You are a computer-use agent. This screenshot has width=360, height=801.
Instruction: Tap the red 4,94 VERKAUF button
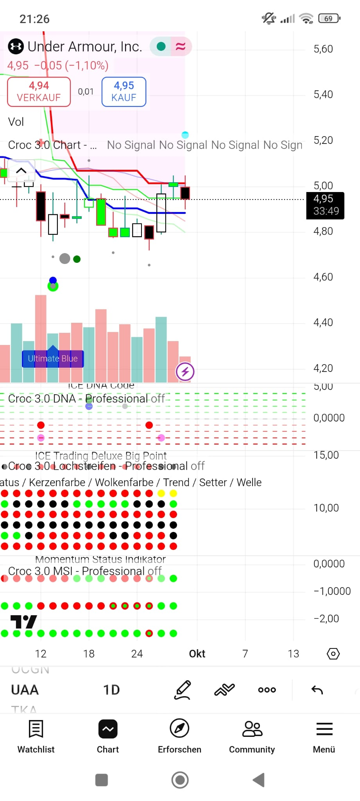pyautogui.click(x=39, y=92)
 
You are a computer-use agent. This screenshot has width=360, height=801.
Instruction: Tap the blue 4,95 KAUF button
pyautogui.click(x=124, y=92)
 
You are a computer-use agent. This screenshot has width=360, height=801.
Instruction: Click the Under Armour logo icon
pyautogui.click(x=16, y=47)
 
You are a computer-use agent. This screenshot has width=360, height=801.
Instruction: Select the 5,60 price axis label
pyautogui.click(x=323, y=49)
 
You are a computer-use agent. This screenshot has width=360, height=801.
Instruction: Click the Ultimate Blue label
pyautogui.click(x=53, y=359)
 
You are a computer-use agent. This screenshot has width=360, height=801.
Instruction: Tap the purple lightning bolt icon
pyautogui.click(x=185, y=372)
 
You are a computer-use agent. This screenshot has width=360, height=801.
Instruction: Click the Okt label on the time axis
pyautogui.click(x=197, y=654)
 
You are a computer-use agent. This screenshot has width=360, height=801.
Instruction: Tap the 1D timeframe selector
pyautogui.click(x=111, y=690)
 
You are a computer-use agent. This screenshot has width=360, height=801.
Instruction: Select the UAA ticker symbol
pyautogui.click(x=25, y=690)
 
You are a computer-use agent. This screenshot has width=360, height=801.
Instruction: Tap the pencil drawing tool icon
pyautogui.click(x=182, y=690)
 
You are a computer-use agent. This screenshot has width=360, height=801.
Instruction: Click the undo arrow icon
pyautogui.click(x=317, y=690)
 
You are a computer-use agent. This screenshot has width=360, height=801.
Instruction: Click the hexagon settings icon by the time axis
pyautogui.click(x=333, y=654)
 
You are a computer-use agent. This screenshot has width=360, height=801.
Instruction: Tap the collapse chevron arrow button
pyautogui.click(x=21, y=171)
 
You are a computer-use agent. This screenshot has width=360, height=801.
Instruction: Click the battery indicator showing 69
pyautogui.click(x=329, y=18)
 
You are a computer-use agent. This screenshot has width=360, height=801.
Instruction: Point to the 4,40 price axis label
pyautogui.click(x=323, y=322)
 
